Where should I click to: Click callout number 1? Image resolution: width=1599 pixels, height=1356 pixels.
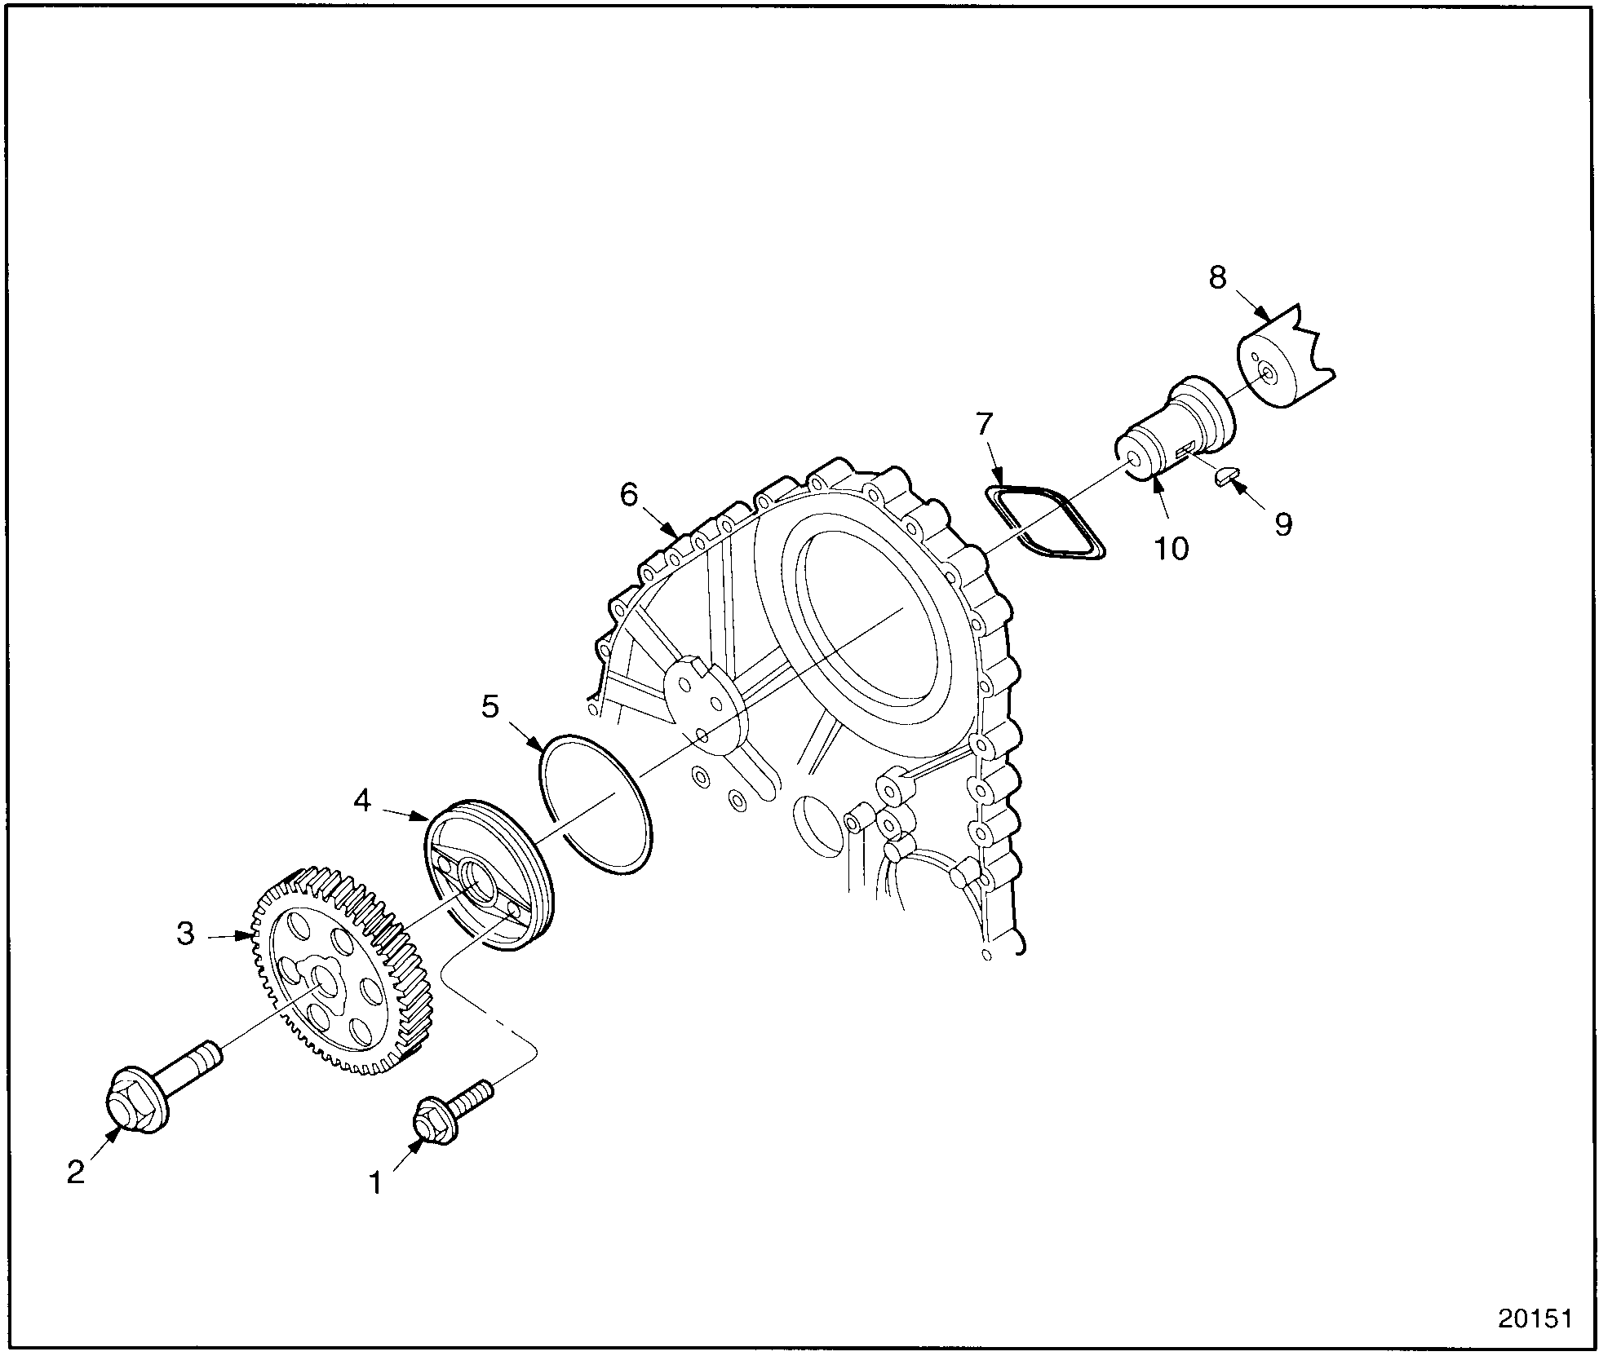pyautogui.click(x=376, y=1182)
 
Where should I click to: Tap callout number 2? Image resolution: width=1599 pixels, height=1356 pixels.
pyautogui.click(x=76, y=1173)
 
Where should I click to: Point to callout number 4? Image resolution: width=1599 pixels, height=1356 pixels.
pyautogui.click(x=362, y=801)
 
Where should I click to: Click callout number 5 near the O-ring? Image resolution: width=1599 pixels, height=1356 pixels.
pyautogui.click(x=489, y=707)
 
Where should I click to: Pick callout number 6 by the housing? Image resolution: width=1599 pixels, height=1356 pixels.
pyautogui.click(x=629, y=494)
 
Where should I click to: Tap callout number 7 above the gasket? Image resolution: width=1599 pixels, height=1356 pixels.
pyautogui.click(x=985, y=424)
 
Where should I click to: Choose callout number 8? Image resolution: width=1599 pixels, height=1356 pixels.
pyautogui.click(x=1217, y=277)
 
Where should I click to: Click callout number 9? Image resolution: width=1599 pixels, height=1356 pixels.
pyautogui.click(x=1283, y=524)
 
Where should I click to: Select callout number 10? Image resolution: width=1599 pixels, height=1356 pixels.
pyautogui.click(x=1172, y=548)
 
